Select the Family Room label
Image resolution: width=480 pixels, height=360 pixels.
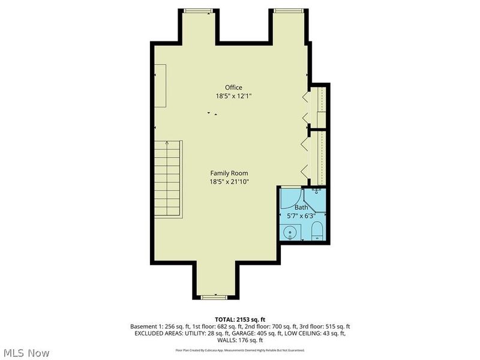tap(229, 173)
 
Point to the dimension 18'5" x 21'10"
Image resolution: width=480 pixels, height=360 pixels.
tap(229, 181)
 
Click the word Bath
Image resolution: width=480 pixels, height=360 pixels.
tap(301, 208)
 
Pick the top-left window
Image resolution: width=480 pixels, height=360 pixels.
tap(198, 10)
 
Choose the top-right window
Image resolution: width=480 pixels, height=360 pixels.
tap(289, 10)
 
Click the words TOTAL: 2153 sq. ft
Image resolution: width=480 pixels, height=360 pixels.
tap(240, 319)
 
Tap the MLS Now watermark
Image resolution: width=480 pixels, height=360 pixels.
tap(27, 353)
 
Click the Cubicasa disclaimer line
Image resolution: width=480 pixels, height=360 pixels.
tap(240, 350)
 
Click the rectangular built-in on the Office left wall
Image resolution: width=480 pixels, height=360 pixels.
tap(161, 86)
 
